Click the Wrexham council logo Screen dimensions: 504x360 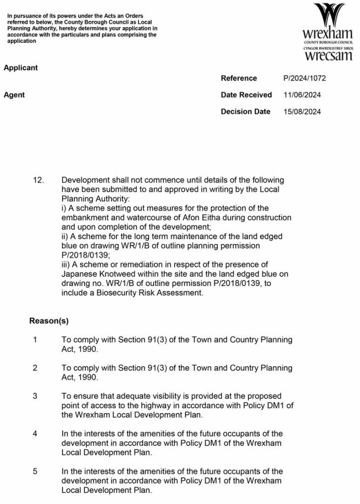pyautogui.click(x=328, y=32)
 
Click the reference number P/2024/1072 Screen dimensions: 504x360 pyautogui.click(x=304, y=78)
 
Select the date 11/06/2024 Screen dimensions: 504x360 pyautogui.click(x=302, y=95)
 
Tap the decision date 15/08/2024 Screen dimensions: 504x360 pyautogui.click(x=302, y=112)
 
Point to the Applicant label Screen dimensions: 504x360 pyautogui.click(x=21, y=68)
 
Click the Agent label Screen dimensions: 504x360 pyautogui.click(x=14, y=95)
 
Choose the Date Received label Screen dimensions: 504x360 pyautogui.click(x=246, y=95)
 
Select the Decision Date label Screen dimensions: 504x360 pyautogui.click(x=245, y=112)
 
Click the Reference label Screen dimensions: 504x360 pyautogui.click(x=239, y=78)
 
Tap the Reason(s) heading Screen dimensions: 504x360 pyautogui.click(x=49, y=321)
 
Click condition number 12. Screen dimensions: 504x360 pyautogui.click(x=38, y=181)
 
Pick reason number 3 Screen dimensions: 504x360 pyautogui.click(x=35, y=396)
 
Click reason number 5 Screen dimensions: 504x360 pyautogui.click(x=35, y=472)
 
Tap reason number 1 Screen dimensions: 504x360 pyautogui.click(x=35, y=340)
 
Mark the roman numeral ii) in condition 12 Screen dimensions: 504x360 pyautogui.click(x=65, y=237)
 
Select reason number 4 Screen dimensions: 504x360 pyautogui.click(x=35, y=434)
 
